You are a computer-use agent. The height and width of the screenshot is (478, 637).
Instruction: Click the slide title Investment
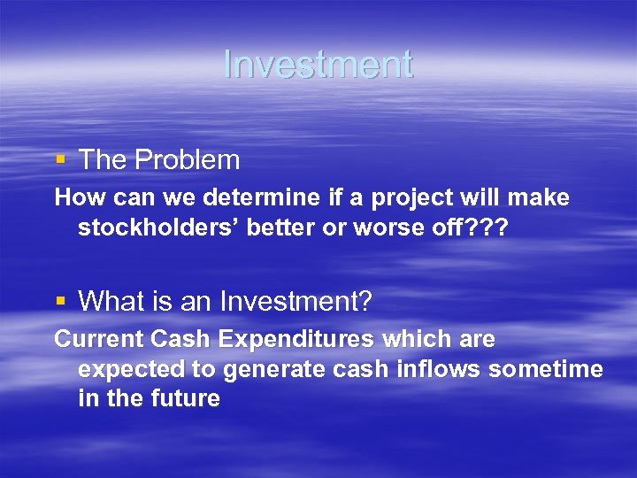point(318,65)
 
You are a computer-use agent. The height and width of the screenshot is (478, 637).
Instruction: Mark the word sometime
point(547,368)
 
